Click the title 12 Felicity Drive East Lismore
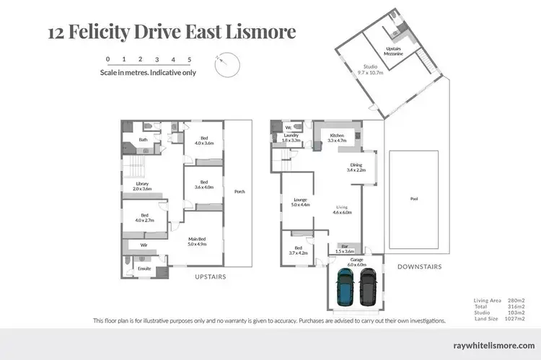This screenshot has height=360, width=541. coord(171,32)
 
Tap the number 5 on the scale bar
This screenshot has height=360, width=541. coord(189,59)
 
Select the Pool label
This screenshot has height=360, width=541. coord(414,199)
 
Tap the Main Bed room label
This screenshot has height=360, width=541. coord(198,242)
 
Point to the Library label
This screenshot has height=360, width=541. coord(142,185)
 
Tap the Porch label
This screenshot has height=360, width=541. coord(239,192)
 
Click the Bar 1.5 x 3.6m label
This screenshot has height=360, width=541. coord(345,249)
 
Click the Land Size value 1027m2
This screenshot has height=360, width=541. coord(514,318)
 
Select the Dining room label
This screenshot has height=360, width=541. coord(356,167)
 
